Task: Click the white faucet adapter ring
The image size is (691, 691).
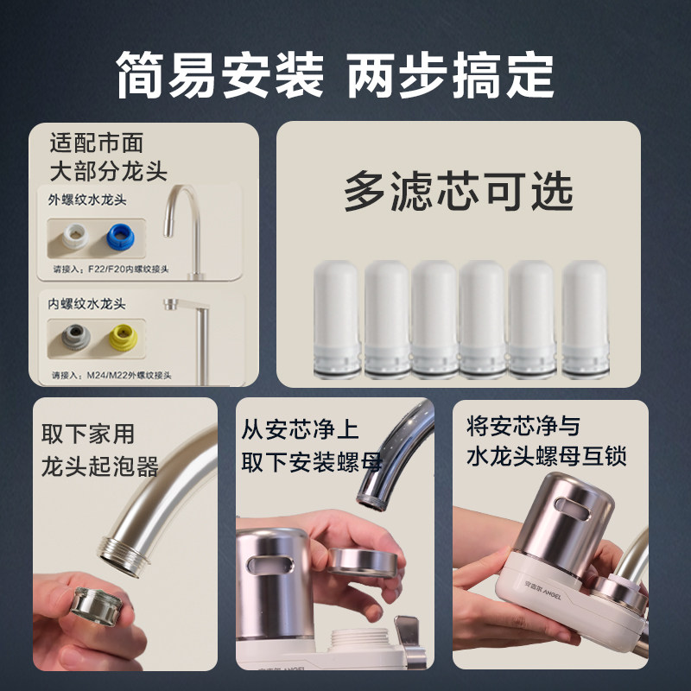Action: coord(74,236)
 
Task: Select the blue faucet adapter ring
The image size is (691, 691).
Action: coord(120,237)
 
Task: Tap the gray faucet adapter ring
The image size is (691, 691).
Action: coord(75,337)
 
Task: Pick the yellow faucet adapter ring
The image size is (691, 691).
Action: coord(123,337)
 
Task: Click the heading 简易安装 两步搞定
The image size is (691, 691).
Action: coord(335,74)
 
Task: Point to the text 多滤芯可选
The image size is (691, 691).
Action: coord(459,191)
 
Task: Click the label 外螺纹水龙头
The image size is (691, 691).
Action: coord(87,200)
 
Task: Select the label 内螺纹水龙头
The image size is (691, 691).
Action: coord(87,304)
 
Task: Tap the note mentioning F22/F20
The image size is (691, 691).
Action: coord(111,269)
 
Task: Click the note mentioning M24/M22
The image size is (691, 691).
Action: coord(111,376)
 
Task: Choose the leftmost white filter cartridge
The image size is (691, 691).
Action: coord(336,319)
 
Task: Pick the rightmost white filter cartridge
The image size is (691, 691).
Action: coord(586,319)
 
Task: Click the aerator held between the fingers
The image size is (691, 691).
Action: coord(97,605)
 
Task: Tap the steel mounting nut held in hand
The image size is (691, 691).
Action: coord(362,562)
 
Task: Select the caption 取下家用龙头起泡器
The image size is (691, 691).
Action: coord(100,450)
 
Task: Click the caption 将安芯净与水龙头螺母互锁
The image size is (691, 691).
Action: coord(547,441)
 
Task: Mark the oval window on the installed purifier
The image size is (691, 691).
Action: coord(573,509)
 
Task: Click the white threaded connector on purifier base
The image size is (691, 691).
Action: coord(359,641)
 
